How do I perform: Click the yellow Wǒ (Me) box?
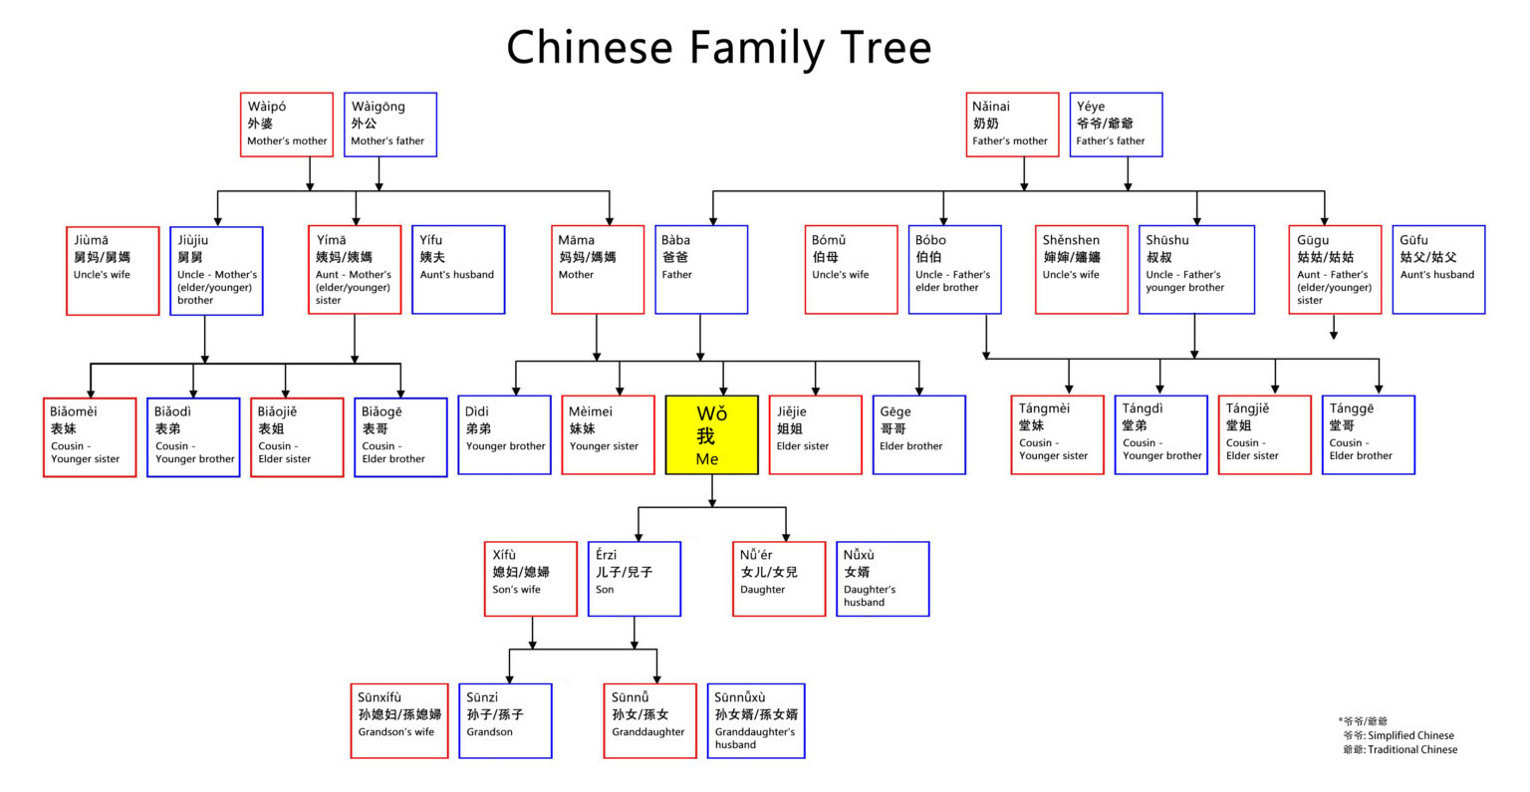pos(711,435)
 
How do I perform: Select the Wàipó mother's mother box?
pos(287,125)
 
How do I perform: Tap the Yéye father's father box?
pos(1117,125)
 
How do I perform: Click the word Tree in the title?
pos(871,48)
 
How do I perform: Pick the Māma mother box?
pos(598,269)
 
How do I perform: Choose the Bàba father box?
pos(701,269)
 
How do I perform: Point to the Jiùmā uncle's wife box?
pos(113,271)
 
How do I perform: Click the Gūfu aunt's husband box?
pos(1438,269)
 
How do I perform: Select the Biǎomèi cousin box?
pos(90,437)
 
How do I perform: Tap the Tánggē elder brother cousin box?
pos(1369,434)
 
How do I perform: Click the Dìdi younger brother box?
pos(505,434)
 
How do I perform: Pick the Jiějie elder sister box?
pos(815,434)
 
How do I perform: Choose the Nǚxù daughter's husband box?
pos(883,579)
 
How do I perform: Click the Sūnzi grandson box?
pos(505,720)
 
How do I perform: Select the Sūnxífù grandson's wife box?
pos(402,720)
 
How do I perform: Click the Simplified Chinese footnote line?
pos(1399,735)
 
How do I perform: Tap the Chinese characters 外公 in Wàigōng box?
pos(365,124)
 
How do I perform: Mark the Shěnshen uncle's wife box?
pos(1081,269)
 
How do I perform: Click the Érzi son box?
pos(635,579)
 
